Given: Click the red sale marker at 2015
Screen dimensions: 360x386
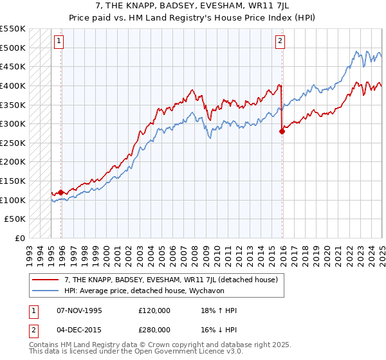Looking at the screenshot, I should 282,131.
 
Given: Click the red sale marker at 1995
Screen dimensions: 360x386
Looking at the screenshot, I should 61,192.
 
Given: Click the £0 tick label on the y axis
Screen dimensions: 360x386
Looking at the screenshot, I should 19,238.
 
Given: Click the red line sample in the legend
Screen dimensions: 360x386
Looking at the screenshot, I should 44,280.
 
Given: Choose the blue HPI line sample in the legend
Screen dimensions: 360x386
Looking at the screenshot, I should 44,290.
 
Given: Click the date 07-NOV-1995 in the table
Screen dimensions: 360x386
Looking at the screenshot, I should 80,310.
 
